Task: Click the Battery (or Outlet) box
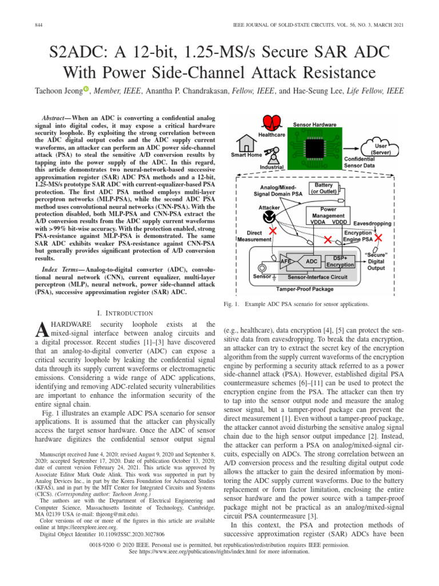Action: click(324, 189)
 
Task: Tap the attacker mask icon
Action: click(267, 218)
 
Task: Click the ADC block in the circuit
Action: click(312, 262)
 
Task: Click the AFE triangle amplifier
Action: click(288, 262)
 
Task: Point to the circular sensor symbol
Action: click(264, 267)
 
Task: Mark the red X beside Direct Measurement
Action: click(274, 231)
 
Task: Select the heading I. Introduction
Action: click(125, 313)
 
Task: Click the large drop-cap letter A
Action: click(42, 330)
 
